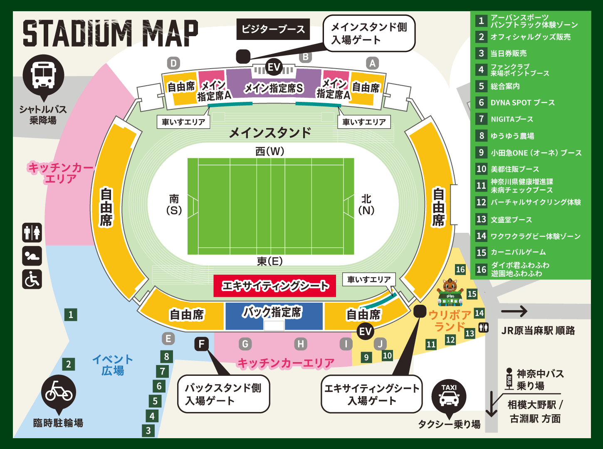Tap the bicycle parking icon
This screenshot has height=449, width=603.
[59, 392]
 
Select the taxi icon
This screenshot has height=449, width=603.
[449, 396]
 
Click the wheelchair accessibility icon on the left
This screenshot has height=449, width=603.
[32, 279]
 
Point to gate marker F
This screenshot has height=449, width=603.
[202, 344]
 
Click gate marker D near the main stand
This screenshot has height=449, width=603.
[173, 63]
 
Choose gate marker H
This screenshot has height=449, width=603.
[301, 344]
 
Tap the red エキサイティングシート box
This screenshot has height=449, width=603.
[274, 286]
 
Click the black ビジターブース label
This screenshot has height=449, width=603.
[273, 29]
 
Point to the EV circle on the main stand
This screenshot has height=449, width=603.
[274, 67]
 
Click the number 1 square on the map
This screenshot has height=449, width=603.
[71, 315]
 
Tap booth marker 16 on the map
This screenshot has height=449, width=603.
[460, 269]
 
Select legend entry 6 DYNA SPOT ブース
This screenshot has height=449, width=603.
[523, 103]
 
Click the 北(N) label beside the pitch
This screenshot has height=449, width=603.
[366, 204]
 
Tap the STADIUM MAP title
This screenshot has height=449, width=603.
[110, 33]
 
